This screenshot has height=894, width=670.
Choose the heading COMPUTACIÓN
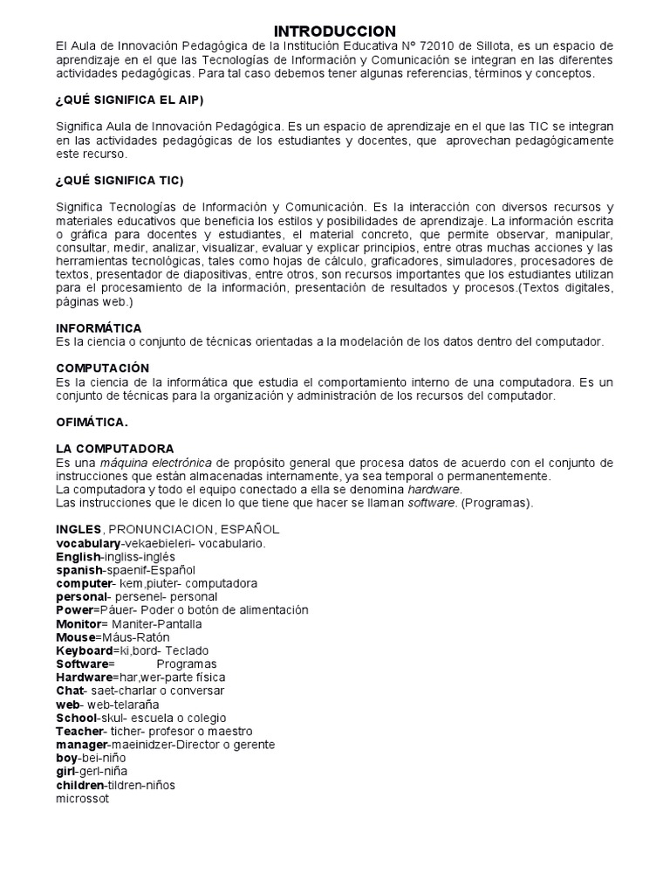click(102, 368)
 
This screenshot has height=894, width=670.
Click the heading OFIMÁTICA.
click(92, 422)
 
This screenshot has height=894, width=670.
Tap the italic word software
click(431, 504)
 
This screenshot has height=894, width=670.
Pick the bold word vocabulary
click(89, 543)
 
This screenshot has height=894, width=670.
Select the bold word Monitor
click(79, 624)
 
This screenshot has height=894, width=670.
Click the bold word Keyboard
click(85, 650)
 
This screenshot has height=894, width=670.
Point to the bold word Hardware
click(84, 677)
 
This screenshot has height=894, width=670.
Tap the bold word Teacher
click(79, 731)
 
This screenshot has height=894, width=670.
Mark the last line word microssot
click(82, 799)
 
